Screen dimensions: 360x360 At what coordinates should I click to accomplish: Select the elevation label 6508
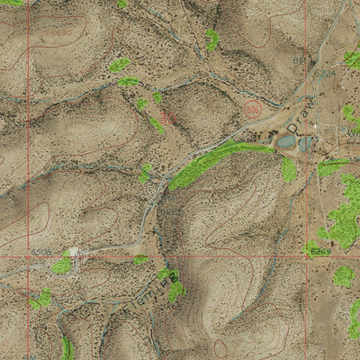pyautogui.click(x=41, y=253)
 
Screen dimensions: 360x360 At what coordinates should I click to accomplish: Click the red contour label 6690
pyautogui.click(x=58, y=32)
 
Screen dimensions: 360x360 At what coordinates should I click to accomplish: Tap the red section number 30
pyautogui.click(x=168, y=117)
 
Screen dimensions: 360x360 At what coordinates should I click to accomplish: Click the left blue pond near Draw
pyautogui.click(x=286, y=140)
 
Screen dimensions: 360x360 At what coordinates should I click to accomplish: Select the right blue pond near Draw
pyautogui.click(x=306, y=142)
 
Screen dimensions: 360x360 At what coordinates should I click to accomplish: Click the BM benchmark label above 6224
pyautogui.click(x=299, y=60)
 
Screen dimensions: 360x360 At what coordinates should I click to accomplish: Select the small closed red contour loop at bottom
pyautogui.click(x=220, y=347)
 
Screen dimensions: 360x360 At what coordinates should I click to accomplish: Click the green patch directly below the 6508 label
pyautogui.click(x=61, y=265)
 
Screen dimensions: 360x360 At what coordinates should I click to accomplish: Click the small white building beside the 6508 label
pyautogui.click(x=73, y=251)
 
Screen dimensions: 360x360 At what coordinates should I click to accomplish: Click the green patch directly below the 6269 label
pyautogui.click(x=343, y=275)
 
